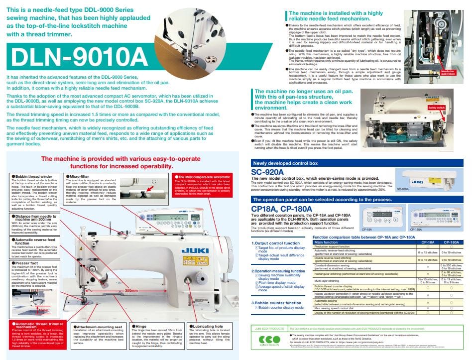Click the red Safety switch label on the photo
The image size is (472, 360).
click(436, 107)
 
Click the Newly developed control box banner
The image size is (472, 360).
click(286, 162)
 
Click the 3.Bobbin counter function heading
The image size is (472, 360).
click(276, 302)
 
